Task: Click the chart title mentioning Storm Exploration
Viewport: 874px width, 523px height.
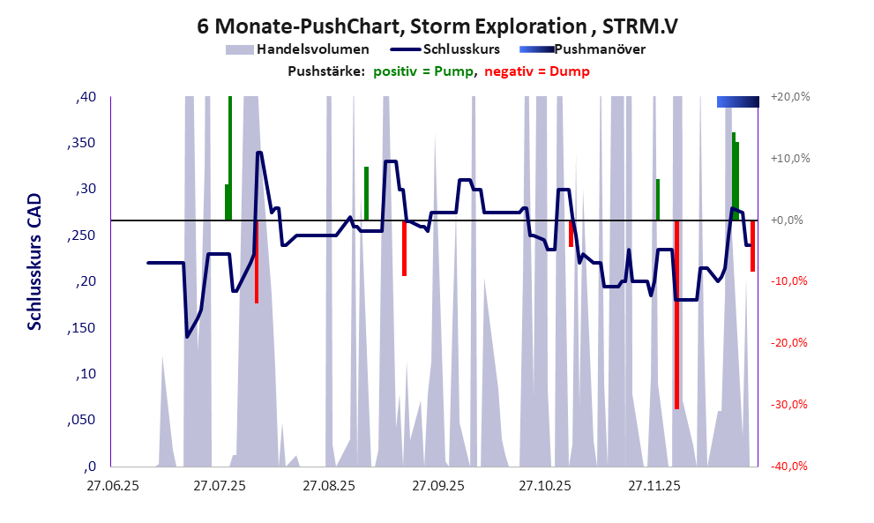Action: click(x=437, y=26)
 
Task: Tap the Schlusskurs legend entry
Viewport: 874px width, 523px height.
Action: click(x=462, y=49)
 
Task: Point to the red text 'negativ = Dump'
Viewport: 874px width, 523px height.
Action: click(x=537, y=71)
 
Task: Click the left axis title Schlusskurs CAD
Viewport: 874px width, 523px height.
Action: click(x=34, y=262)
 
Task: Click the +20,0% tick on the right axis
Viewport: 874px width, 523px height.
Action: click(x=789, y=97)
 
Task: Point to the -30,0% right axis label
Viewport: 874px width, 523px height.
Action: click(x=789, y=405)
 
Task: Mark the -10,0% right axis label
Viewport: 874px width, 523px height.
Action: click(x=789, y=281)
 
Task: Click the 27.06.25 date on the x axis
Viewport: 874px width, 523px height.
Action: click(x=112, y=485)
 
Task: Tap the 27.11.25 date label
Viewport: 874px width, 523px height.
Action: click(x=654, y=485)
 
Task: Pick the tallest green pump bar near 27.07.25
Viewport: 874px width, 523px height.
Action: click(x=230, y=158)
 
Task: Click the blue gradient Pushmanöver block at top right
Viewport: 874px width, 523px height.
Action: click(x=738, y=102)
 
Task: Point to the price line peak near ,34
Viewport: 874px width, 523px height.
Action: click(x=259, y=153)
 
